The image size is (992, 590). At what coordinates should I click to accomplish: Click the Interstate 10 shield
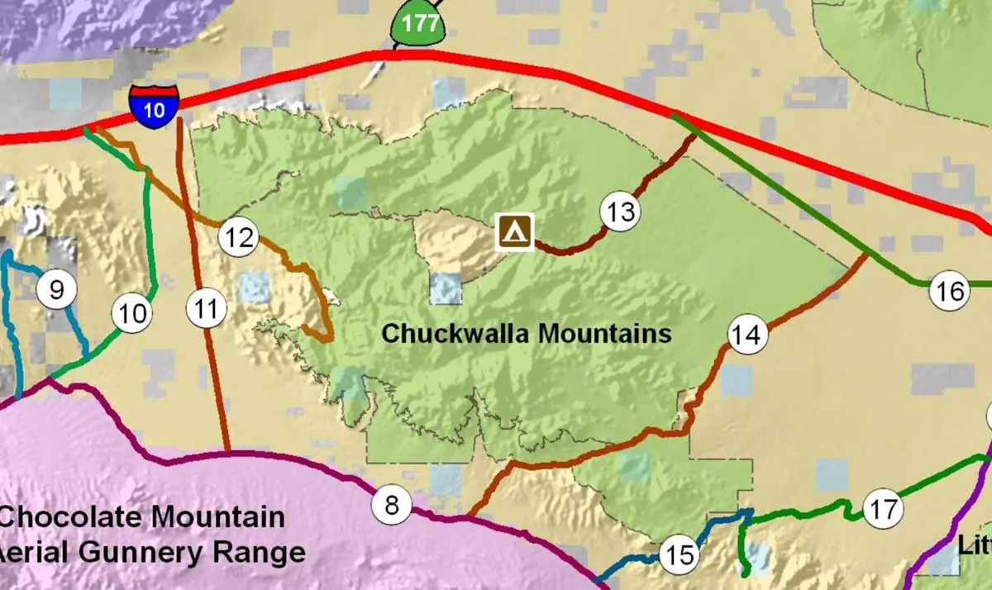(154, 105)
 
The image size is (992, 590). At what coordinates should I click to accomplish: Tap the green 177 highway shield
(420, 24)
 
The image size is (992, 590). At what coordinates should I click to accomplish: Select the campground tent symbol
(514, 231)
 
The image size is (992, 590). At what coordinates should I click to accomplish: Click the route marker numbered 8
(392, 505)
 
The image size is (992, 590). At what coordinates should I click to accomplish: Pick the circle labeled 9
(57, 290)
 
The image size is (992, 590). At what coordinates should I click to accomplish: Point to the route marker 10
(132, 314)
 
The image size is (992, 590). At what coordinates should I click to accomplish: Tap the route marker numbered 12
(238, 239)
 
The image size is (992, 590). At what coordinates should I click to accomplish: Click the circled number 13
(620, 212)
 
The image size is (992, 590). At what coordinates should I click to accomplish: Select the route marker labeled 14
(746, 335)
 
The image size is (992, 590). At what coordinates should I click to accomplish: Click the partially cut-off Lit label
(975, 545)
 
